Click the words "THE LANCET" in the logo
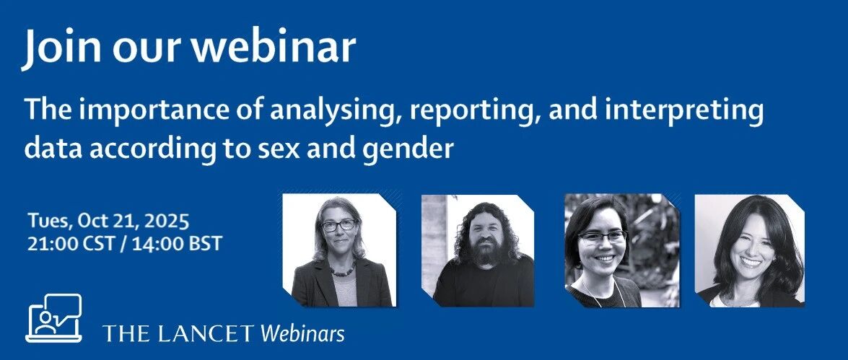[x=178, y=333]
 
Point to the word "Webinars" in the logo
[x=303, y=333]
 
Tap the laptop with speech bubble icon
[x=53, y=318]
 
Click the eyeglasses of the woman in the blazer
[x=338, y=225]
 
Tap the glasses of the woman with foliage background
[x=602, y=237]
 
